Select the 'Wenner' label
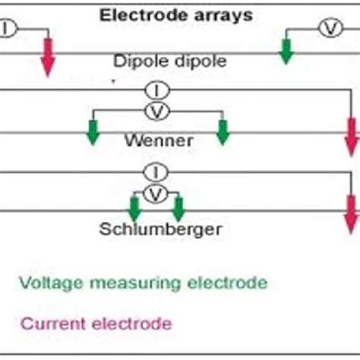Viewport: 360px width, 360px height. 157,141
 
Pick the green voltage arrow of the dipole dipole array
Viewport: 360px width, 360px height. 286,49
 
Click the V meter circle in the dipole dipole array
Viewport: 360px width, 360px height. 329,29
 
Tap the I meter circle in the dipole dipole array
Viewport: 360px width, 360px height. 5,29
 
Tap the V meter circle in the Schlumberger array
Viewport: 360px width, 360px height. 156,194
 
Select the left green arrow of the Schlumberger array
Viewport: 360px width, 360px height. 134,207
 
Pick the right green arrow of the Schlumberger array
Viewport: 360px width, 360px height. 178,207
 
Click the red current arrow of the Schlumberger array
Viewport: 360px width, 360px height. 351,214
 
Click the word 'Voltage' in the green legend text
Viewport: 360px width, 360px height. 43,283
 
